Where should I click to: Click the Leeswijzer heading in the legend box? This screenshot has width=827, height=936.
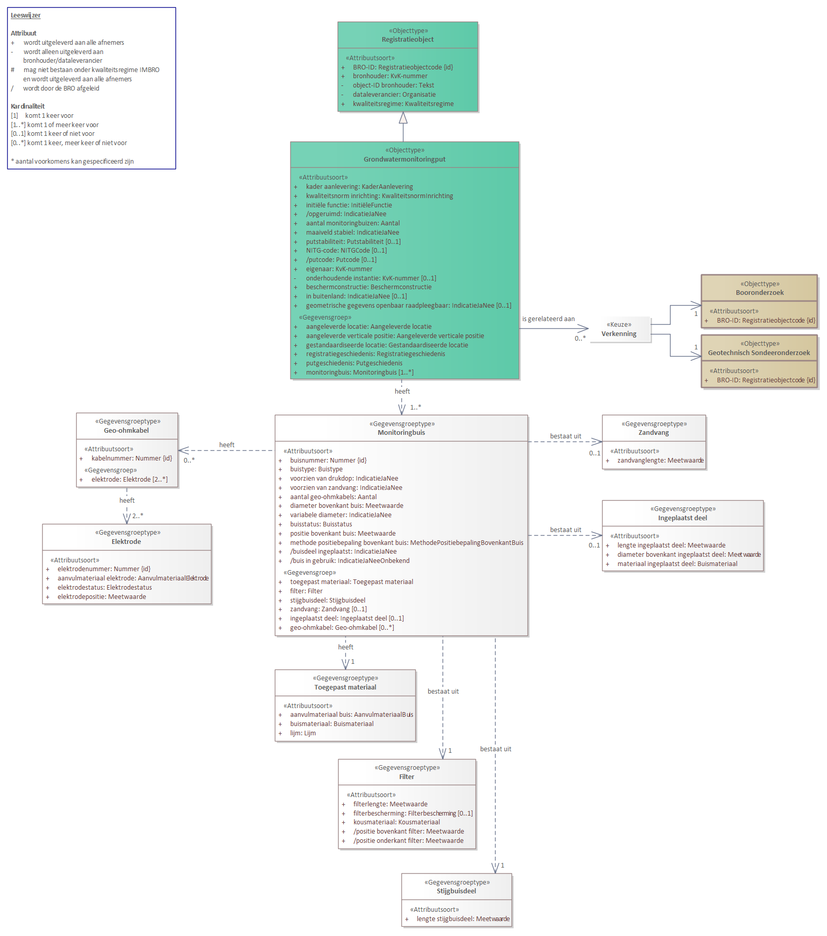[x=26, y=15]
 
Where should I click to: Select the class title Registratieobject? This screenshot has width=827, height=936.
[x=408, y=40]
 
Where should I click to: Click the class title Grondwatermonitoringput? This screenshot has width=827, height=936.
[x=404, y=160]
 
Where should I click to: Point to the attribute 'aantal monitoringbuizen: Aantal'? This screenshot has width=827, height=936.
[x=353, y=223]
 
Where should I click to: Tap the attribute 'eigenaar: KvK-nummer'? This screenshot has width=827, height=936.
[x=339, y=269]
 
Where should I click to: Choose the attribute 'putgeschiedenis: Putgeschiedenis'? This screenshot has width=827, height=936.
[x=354, y=363]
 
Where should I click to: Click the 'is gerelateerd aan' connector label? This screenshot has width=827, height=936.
[x=549, y=319]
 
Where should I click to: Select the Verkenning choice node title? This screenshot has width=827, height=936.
[x=619, y=334]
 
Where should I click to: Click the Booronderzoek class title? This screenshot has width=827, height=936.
[x=760, y=293]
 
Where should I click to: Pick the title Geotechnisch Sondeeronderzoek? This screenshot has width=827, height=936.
[x=759, y=353]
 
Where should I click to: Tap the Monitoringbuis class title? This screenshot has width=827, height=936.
[x=401, y=433]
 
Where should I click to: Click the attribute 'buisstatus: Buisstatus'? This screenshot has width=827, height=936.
[x=321, y=524]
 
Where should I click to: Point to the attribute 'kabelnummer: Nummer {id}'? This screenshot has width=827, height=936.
[x=132, y=458]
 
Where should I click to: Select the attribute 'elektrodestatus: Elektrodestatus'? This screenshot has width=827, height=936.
[x=104, y=588]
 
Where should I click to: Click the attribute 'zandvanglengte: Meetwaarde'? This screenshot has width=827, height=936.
[x=660, y=461]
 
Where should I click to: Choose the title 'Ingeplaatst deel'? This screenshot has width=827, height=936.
[x=682, y=518]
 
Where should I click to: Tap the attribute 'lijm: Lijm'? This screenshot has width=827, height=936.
[x=303, y=733]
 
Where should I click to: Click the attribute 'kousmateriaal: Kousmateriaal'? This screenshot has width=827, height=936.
[x=396, y=822]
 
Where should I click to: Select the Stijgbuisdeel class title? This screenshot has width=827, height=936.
[x=456, y=891]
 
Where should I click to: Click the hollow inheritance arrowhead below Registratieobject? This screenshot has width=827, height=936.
[x=403, y=118]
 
